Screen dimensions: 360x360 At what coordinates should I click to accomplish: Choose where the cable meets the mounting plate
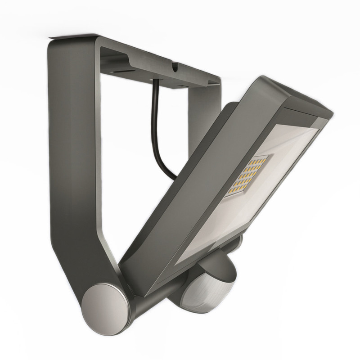[156, 81]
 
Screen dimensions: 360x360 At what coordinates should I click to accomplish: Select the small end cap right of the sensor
[238, 243]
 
